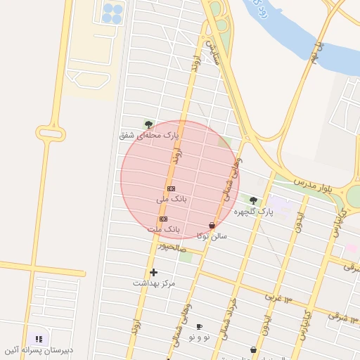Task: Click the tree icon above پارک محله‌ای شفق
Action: [x=148, y=124]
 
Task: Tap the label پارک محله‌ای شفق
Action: [x=149, y=134]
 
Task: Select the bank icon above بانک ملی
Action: [x=171, y=189]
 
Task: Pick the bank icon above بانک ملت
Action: [x=164, y=219]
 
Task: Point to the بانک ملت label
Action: [x=164, y=229]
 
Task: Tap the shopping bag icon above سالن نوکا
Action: [x=212, y=226]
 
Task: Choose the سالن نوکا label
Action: [x=212, y=236]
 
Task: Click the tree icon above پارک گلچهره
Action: [x=253, y=200]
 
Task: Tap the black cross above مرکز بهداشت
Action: [x=153, y=272]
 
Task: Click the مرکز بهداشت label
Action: [x=153, y=283]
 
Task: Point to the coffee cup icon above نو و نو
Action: [x=199, y=327]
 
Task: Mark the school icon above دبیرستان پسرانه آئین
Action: [x=39, y=339]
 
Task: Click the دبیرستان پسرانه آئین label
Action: [x=33, y=349]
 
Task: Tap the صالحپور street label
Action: [x=172, y=246]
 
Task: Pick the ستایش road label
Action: [x=214, y=51]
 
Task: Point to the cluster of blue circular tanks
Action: [x=112, y=12]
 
